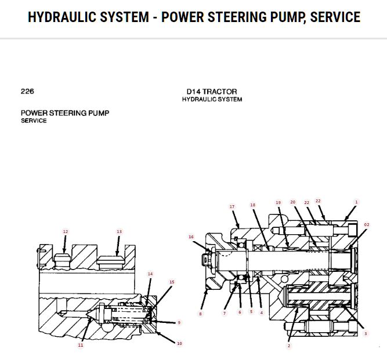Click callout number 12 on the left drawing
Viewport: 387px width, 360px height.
(x=65, y=231)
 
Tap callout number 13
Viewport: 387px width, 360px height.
(x=119, y=231)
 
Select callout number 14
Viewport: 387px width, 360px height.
(x=150, y=274)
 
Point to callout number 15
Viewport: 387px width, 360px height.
(x=172, y=282)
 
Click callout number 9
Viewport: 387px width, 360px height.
(x=179, y=322)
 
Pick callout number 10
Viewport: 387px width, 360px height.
(x=179, y=343)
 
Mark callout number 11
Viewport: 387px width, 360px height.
(x=81, y=345)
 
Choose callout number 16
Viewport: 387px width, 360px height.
(x=191, y=237)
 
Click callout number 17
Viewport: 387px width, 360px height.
(x=232, y=206)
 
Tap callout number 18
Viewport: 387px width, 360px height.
(x=252, y=205)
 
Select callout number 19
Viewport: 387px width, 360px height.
(x=278, y=202)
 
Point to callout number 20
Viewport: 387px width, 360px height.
(x=293, y=202)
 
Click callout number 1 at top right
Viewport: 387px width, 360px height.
(x=356, y=202)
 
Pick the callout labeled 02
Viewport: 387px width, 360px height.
(x=366, y=224)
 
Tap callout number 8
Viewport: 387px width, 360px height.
(x=201, y=314)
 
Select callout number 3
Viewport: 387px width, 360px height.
(x=366, y=333)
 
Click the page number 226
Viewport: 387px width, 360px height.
(x=27, y=91)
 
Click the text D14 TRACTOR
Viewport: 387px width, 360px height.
(x=211, y=92)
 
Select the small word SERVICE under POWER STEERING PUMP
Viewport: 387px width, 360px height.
(x=34, y=121)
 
